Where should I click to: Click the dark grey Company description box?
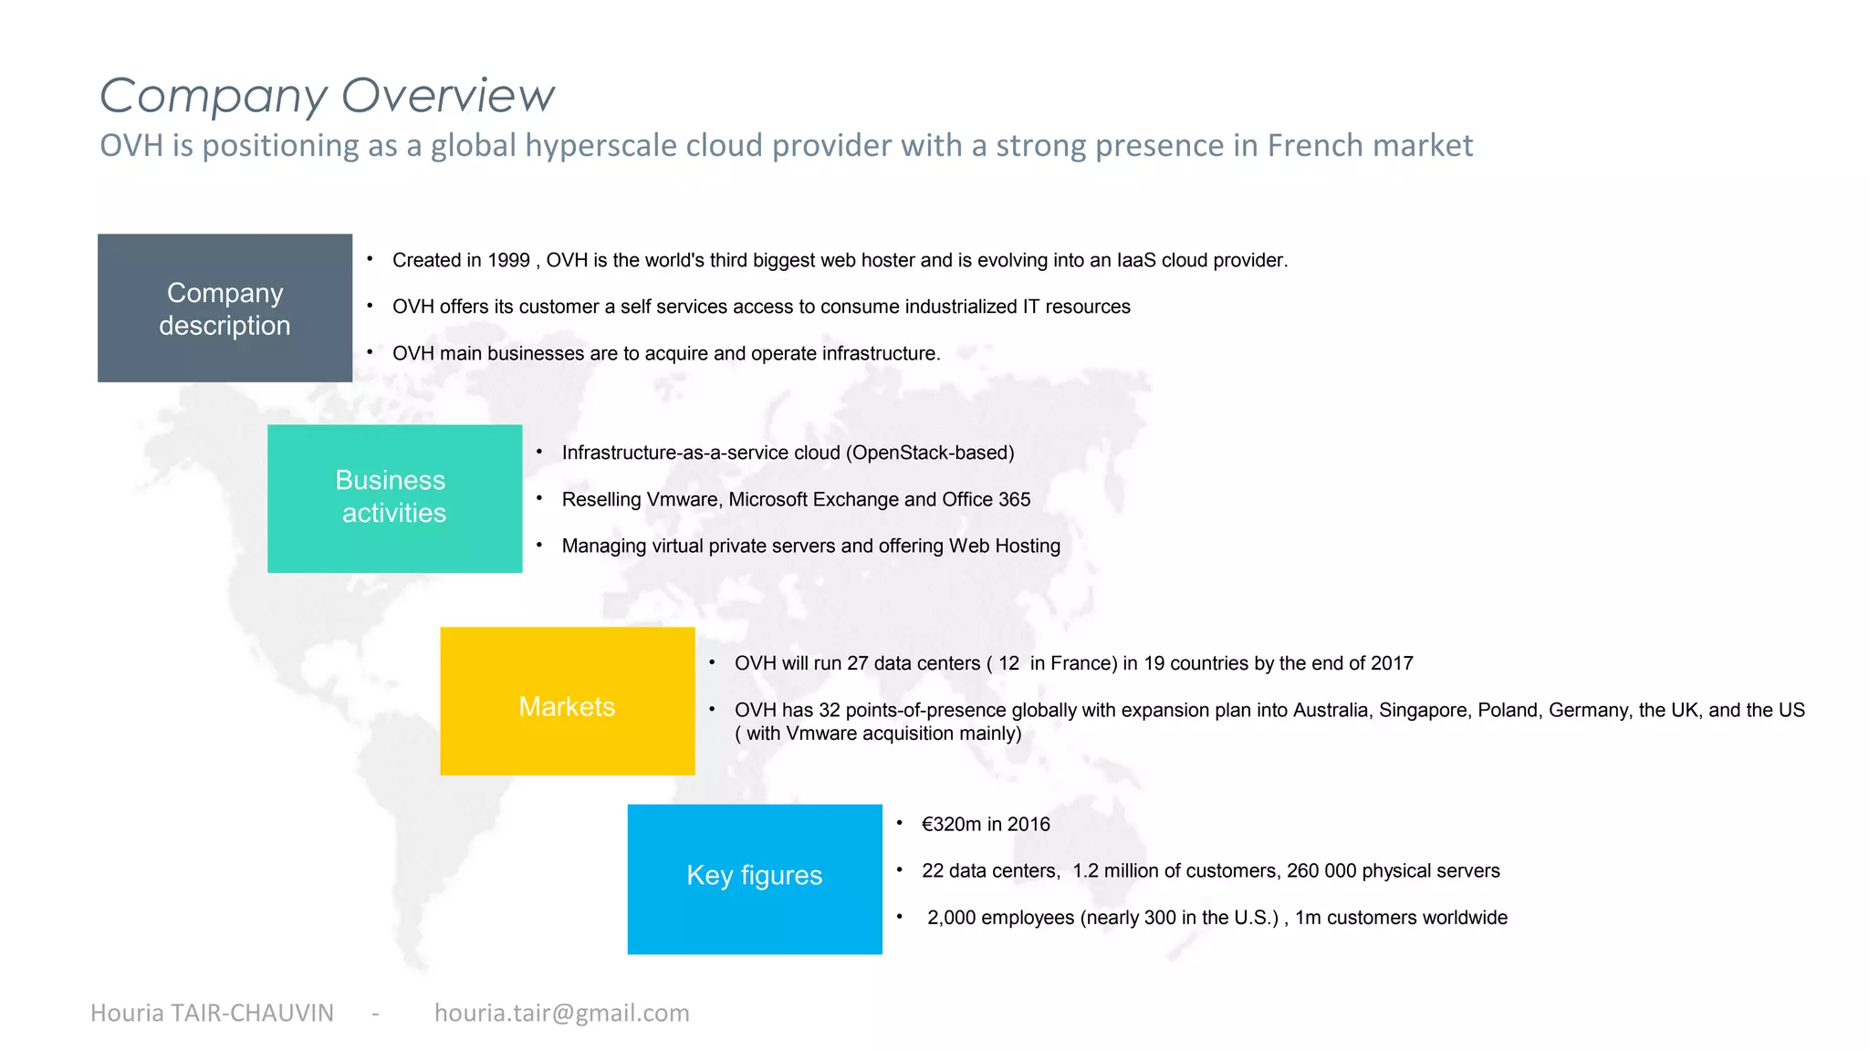coord(224,308)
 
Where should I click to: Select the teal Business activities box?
coord(394,498)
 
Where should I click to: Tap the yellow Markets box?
coord(567,702)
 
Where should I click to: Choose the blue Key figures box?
coord(755,879)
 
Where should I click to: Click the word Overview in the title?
coord(447,96)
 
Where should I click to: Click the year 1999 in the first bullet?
coord(508,261)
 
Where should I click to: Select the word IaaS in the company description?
coord(1135,261)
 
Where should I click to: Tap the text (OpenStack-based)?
coord(930,453)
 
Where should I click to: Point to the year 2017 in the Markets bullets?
coord(1391,664)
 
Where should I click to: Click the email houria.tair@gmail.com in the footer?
coord(561,1014)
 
